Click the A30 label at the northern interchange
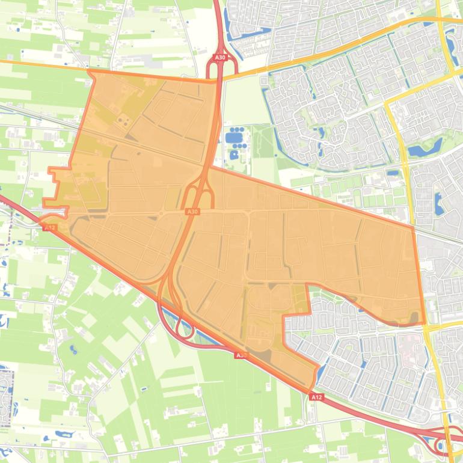point(220,57)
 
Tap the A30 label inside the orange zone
point(192,212)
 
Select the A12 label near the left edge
point(50,227)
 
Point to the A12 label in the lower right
point(317,397)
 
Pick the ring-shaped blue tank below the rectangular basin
point(233,155)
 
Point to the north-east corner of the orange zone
point(414,227)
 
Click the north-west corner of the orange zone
point(90,71)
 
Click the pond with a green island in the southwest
point(74,349)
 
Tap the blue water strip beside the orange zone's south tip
point(322,373)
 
